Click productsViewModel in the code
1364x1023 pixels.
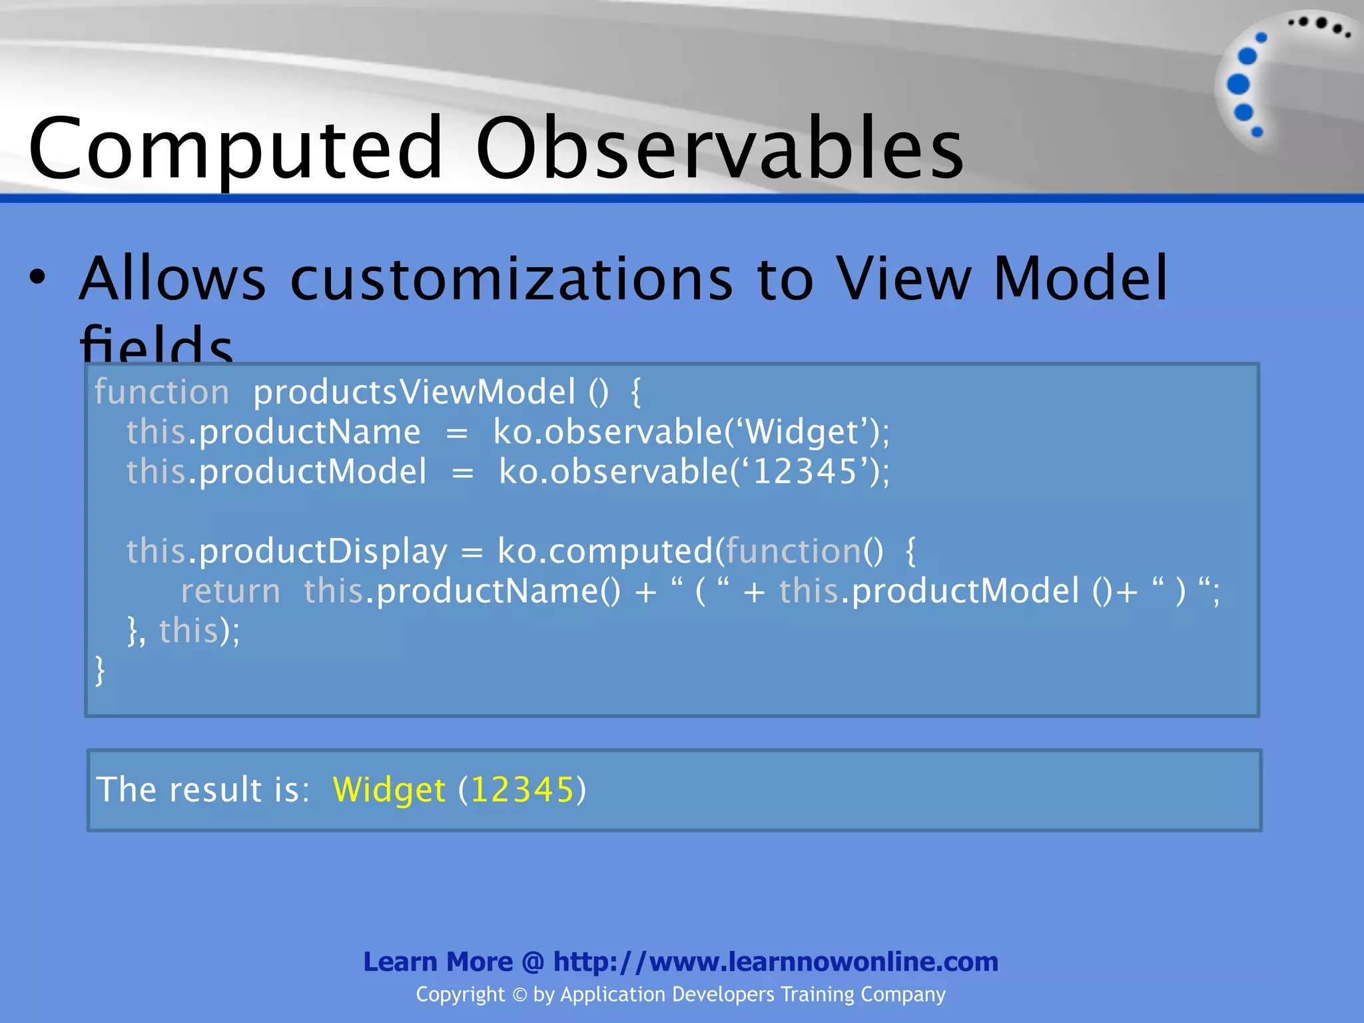tap(414, 392)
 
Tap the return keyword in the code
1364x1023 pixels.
tap(230, 591)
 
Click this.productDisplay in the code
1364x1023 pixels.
tap(286, 551)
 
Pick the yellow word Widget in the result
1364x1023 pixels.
tap(388, 790)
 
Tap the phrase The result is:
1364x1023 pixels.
tap(202, 790)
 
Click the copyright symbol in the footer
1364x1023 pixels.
tap(519, 995)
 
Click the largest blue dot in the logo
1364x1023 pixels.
tap(1238, 85)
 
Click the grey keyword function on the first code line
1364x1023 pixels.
tap(162, 392)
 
